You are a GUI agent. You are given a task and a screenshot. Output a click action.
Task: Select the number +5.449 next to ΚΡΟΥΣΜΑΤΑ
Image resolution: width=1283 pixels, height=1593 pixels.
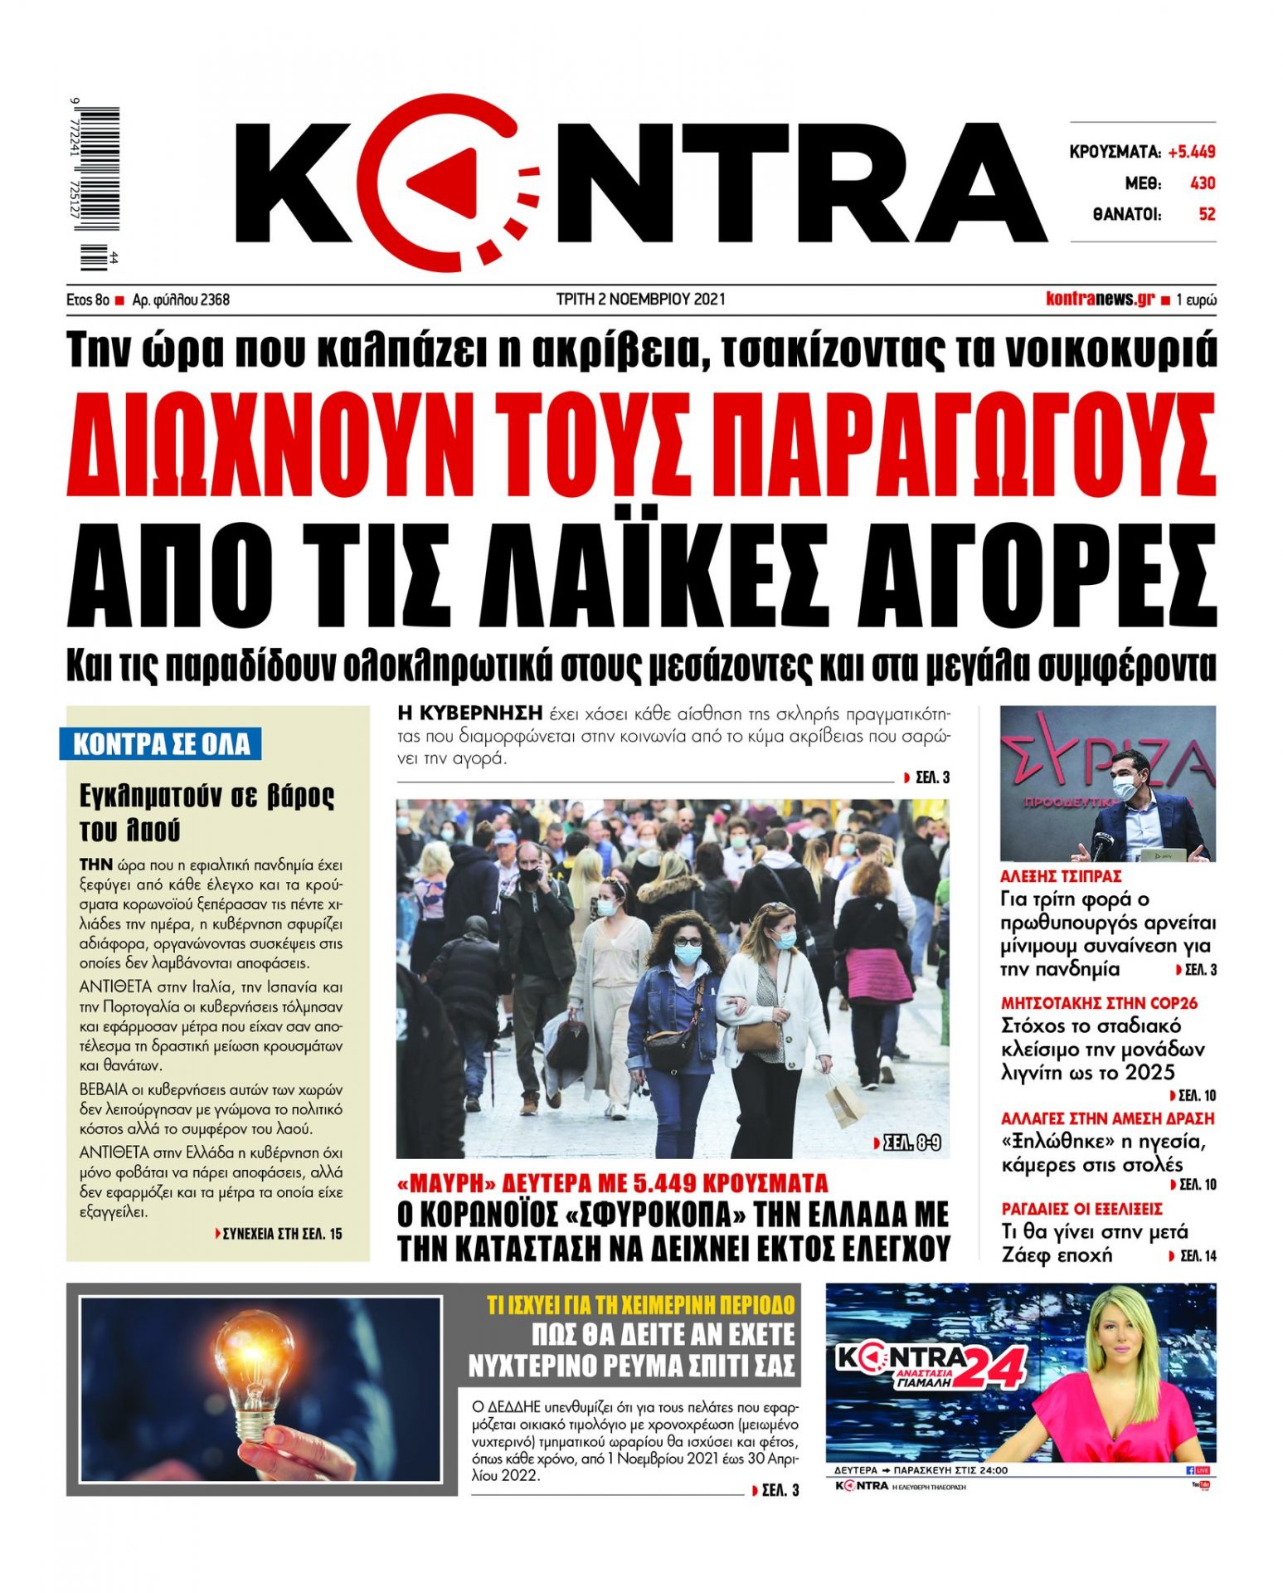1191,152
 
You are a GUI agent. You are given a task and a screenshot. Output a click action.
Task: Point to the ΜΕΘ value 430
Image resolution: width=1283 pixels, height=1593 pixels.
1203,183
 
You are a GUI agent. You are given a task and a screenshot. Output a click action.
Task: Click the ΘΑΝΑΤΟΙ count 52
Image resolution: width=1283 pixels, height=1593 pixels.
1207,214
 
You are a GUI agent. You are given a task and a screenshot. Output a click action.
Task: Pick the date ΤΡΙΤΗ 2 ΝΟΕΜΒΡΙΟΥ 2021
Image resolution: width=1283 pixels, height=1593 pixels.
640,299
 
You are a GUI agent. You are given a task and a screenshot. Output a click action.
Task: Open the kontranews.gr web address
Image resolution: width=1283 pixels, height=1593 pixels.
1100,300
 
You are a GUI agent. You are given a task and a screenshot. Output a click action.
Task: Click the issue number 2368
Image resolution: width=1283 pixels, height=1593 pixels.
215,300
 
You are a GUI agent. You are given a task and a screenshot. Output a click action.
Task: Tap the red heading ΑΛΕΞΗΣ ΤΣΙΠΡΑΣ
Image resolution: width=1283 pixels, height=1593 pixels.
1061,876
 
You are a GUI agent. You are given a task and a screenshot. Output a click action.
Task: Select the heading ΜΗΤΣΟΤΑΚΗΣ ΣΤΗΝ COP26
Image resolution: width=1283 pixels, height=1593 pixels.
1099,1003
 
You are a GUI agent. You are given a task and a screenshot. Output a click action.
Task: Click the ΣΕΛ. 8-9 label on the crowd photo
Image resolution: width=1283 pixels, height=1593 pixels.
908,1143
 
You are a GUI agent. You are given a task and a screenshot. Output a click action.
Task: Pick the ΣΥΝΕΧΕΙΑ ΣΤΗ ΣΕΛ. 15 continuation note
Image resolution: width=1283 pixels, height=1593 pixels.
278,1234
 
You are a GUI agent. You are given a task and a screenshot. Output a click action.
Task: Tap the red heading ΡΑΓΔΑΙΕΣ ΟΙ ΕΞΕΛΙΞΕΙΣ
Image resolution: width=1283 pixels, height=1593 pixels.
1081,1209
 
